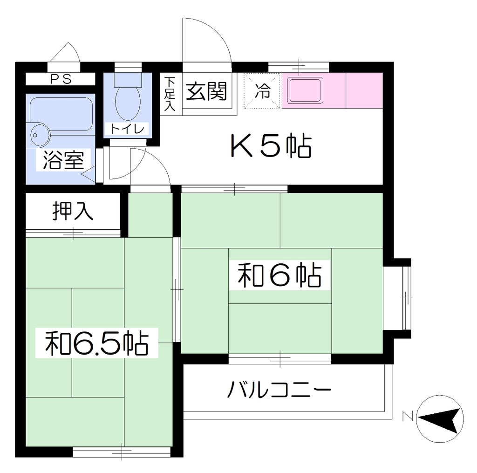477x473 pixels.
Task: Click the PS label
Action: click(61, 79)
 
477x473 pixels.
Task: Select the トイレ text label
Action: click(127, 129)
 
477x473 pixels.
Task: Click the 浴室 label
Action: click(63, 160)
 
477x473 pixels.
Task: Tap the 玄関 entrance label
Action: click(206, 91)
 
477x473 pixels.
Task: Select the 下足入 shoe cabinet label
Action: click(170, 94)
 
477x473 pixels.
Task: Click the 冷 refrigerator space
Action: click(262, 91)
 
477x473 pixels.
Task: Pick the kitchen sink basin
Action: click(306, 90)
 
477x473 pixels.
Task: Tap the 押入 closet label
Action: click(73, 211)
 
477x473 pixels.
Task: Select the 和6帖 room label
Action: click(279, 275)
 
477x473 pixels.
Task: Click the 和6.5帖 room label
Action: click(97, 343)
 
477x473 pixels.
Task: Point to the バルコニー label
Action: click(279, 390)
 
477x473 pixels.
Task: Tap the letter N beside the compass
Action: click(407, 416)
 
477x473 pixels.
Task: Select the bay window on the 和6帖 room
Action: click(397, 298)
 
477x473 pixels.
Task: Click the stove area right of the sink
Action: click(364, 90)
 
